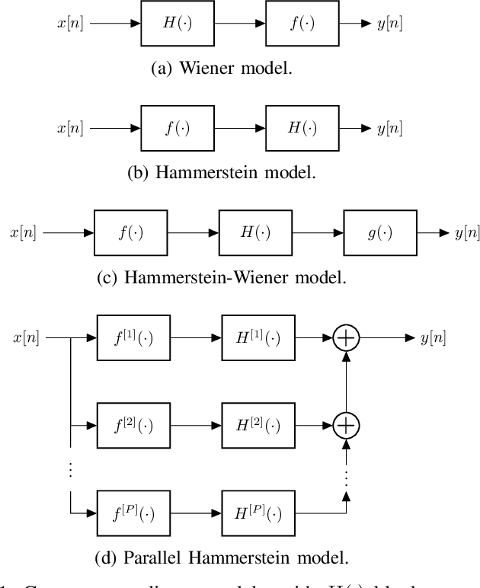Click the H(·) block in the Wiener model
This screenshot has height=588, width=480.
tap(178, 24)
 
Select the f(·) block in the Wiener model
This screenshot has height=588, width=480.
tap(302, 24)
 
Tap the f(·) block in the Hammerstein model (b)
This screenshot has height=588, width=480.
tap(178, 128)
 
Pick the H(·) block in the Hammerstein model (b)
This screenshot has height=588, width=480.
tap(302, 128)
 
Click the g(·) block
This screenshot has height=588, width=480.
tap(380, 233)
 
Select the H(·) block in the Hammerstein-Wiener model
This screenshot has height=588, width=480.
tap(255, 233)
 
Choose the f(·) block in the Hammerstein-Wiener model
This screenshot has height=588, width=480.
tap(130, 233)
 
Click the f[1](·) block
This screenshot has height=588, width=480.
tap(134, 338)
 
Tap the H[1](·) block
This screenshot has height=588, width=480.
tap(259, 338)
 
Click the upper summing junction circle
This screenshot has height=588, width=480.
tap(346, 338)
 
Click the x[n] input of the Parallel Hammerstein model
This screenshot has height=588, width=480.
tap(28, 338)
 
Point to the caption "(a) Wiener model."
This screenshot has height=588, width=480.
tap(222, 68)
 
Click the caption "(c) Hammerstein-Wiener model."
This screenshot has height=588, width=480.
tap(222, 277)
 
